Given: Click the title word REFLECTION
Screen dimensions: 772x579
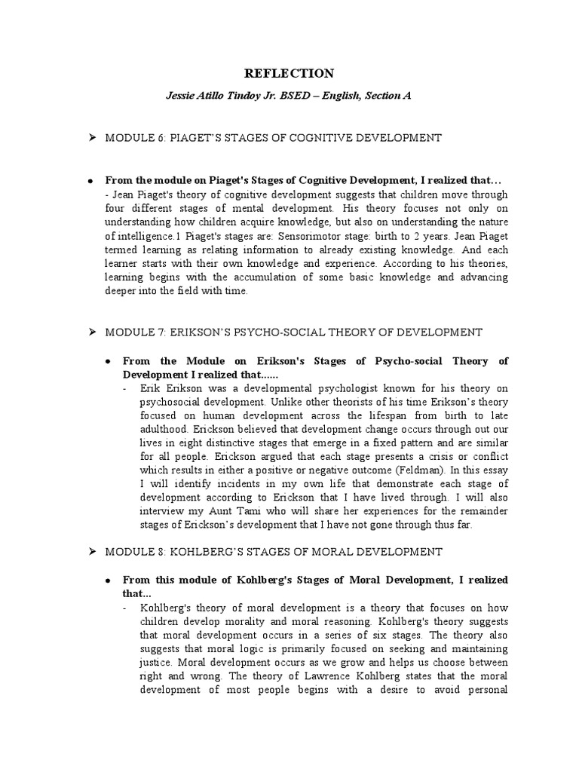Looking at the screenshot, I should tap(289, 73).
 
